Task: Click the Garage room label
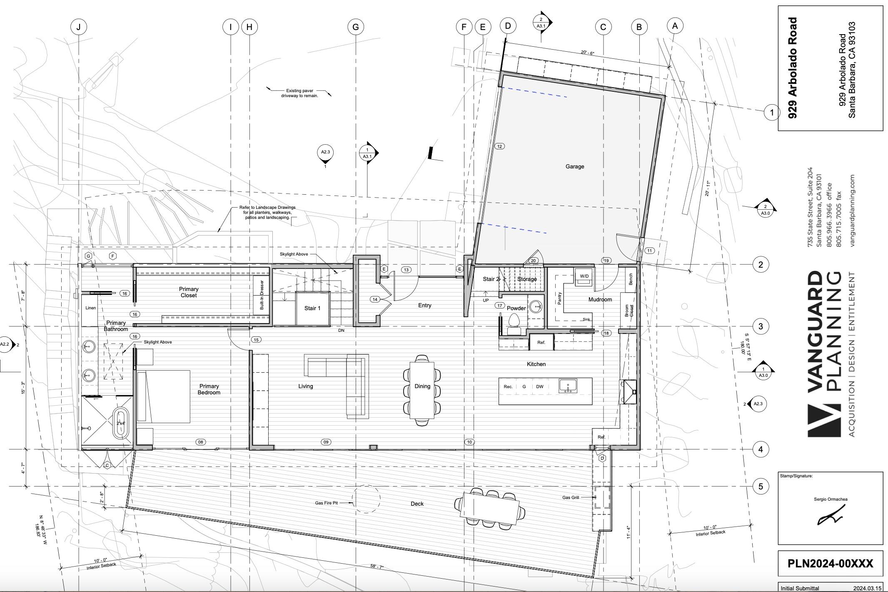(x=574, y=166)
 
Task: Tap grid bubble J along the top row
(x=78, y=27)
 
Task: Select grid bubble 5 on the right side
(x=761, y=486)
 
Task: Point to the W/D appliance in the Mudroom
(x=584, y=276)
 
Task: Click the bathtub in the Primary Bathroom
(x=121, y=423)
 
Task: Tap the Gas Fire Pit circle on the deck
(x=366, y=499)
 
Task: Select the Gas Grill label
(x=570, y=497)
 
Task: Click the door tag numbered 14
(x=375, y=299)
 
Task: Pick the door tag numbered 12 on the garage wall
(x=499, y=146)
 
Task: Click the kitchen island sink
(x=567, y=386)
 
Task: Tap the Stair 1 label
(x=312, y=308)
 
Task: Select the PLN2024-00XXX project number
(x=830, y=564)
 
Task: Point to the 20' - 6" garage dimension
(x=587, y=53)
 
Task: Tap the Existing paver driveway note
(x=299, y=93)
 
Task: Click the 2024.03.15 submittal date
(x=867, y=588)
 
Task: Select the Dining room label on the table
(x=422, y=386)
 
